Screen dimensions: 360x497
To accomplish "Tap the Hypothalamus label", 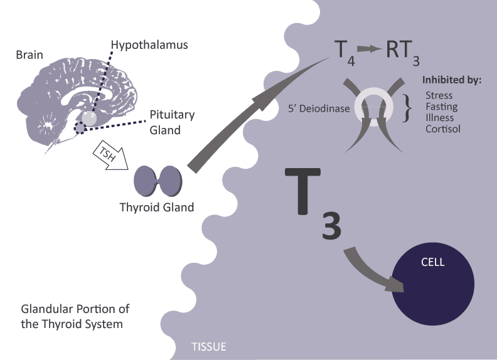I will point(149,45).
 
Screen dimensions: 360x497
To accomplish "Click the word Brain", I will point(29,55).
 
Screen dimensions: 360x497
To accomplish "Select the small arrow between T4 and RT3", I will point(370,50).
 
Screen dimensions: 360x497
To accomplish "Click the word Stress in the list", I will point(439,95).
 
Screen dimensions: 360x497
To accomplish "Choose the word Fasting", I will point(441,106).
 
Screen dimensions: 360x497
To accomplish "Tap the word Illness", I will point(440,117).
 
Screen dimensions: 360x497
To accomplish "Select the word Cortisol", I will point(442,129).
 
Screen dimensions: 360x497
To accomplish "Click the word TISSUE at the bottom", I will point(208,346).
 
